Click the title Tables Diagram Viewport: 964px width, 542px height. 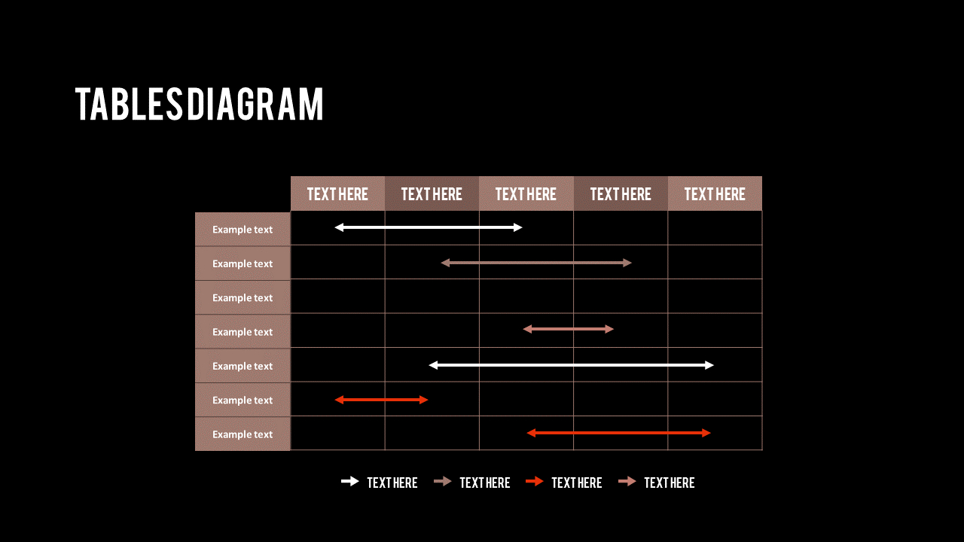(200, 104)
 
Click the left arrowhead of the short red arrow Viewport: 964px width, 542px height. (339, 400)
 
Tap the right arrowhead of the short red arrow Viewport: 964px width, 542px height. (424, 400)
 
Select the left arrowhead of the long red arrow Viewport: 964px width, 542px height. (531, 433)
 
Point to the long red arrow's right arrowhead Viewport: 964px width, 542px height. (706, 433)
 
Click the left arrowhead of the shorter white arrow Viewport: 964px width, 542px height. (339, 227)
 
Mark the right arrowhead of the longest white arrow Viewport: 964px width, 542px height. (709, 365)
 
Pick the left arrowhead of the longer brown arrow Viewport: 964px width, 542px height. (445, 263)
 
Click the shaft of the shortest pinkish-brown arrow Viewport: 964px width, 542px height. (569, 329)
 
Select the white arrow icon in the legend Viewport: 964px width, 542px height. (350, 482)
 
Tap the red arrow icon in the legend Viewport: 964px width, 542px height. (535, 482)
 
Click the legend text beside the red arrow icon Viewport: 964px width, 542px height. (577, 483)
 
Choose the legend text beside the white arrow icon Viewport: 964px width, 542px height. (392, 483)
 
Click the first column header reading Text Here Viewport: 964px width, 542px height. (337, 194)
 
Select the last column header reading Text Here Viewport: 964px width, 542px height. (715, 194)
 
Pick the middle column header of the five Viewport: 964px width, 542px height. (526, 194)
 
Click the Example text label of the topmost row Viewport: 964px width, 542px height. (243, 230)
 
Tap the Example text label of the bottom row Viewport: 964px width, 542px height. (243, 434)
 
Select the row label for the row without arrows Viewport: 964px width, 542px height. (243, 298)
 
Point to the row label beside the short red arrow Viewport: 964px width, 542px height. (243, 400)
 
